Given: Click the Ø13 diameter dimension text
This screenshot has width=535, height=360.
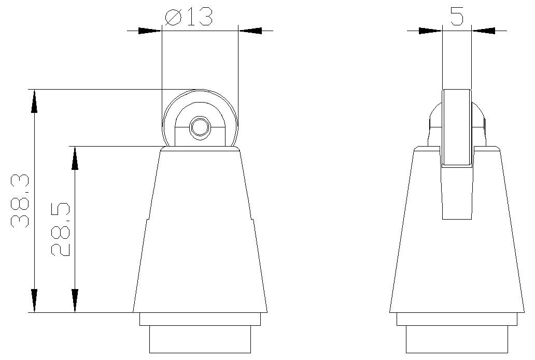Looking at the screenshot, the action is click(x=189, y=17).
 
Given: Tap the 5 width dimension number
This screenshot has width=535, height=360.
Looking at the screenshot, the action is click(x=457, y=17).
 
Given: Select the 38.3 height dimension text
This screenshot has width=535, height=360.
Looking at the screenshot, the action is click(x=20, y=201).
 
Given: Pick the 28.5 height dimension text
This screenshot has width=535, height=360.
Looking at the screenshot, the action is click(x=60, y=229).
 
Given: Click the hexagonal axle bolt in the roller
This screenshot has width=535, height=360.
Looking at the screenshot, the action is click(x=200, y=127).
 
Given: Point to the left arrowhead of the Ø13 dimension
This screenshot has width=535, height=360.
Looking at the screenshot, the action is click(x=149, y=31).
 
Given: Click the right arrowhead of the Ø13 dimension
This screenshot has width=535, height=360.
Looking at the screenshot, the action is click(x=250, y=31).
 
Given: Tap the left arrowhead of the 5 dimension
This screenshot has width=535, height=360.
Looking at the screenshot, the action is click(x=430, y=31).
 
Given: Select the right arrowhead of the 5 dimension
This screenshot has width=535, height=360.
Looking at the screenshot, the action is click(x=484, y=31).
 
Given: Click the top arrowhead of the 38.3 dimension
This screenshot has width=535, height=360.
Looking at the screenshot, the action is click(x=34, y=101).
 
